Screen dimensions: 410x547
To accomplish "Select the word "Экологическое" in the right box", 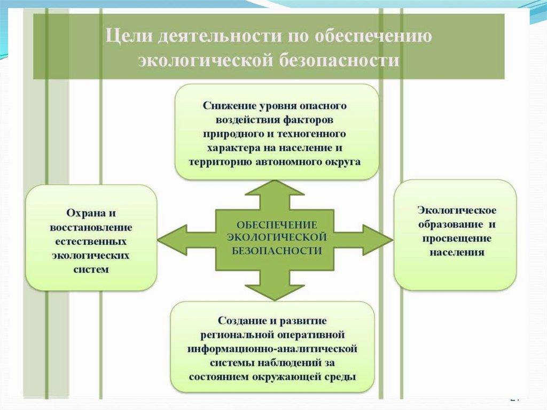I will click(455, 209).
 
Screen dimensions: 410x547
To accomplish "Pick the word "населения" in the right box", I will click(456, 251).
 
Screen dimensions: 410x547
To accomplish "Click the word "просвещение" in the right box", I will click(456, 237).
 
